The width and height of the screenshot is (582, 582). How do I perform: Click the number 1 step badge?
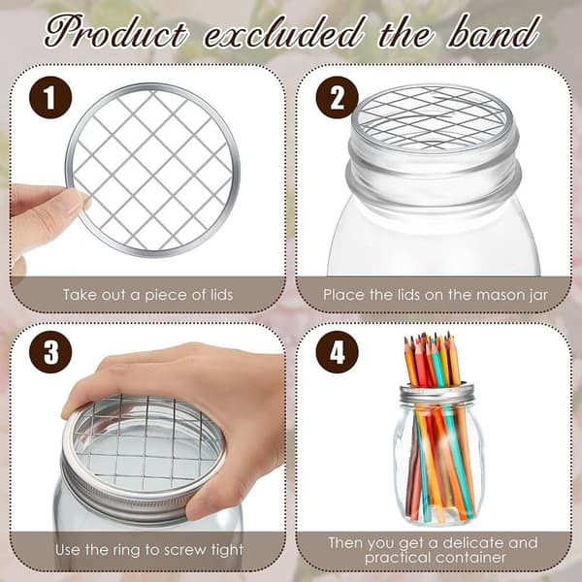point(50,97)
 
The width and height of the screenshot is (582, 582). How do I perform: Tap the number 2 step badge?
point(337,97)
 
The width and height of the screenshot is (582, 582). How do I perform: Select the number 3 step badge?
point(50,352)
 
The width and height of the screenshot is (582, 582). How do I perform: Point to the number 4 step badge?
point(337,352)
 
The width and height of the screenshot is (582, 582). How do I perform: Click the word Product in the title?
point(115,33)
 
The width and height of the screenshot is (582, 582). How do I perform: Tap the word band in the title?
point(494,32)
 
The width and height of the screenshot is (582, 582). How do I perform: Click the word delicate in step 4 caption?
point(473,542)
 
